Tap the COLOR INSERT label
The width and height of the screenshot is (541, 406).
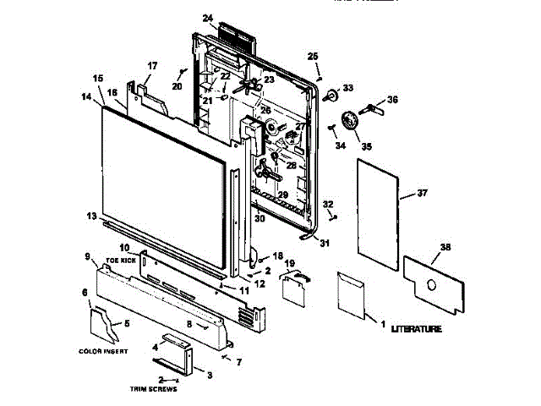(102, 351)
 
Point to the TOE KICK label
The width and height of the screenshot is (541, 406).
(122, 261)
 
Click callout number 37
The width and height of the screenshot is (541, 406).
(423, 194)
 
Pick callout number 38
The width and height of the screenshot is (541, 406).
(445, 248)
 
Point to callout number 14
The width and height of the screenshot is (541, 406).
(85, 97)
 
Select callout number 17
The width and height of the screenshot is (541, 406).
(153, 66)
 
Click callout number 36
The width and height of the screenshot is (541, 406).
(391, 100)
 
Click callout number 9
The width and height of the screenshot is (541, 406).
(86, 256)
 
